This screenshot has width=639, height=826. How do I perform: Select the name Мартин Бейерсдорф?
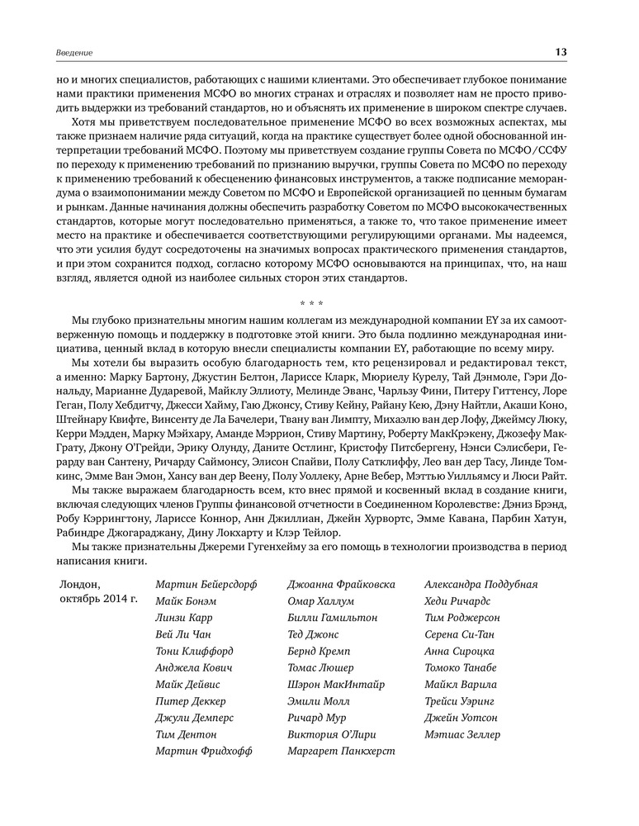click(x=206, y=584)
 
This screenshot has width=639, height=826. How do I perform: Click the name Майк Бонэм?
click(x=186, y=601)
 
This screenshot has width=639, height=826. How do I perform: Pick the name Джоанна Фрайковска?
click(x=342, y=584)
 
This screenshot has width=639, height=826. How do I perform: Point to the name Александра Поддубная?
click(x=480, y=584)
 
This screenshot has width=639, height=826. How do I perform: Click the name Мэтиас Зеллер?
click(x=461, y=734)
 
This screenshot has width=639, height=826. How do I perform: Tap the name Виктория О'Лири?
click(x=333, y=734)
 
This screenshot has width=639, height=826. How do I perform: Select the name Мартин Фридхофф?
click(x=203, y=751)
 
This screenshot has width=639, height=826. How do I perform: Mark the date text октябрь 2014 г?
click(x=98, y=598)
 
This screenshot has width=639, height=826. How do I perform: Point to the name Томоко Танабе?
click(x=460, y=667)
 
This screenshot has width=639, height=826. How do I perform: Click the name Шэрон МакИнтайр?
click(x=336, y=684)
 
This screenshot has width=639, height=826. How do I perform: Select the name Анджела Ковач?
click(x=193, y=667)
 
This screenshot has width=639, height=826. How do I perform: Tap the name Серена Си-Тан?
click(x=461, y=634)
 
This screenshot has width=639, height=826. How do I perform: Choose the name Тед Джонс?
click(x=313, y=634)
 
